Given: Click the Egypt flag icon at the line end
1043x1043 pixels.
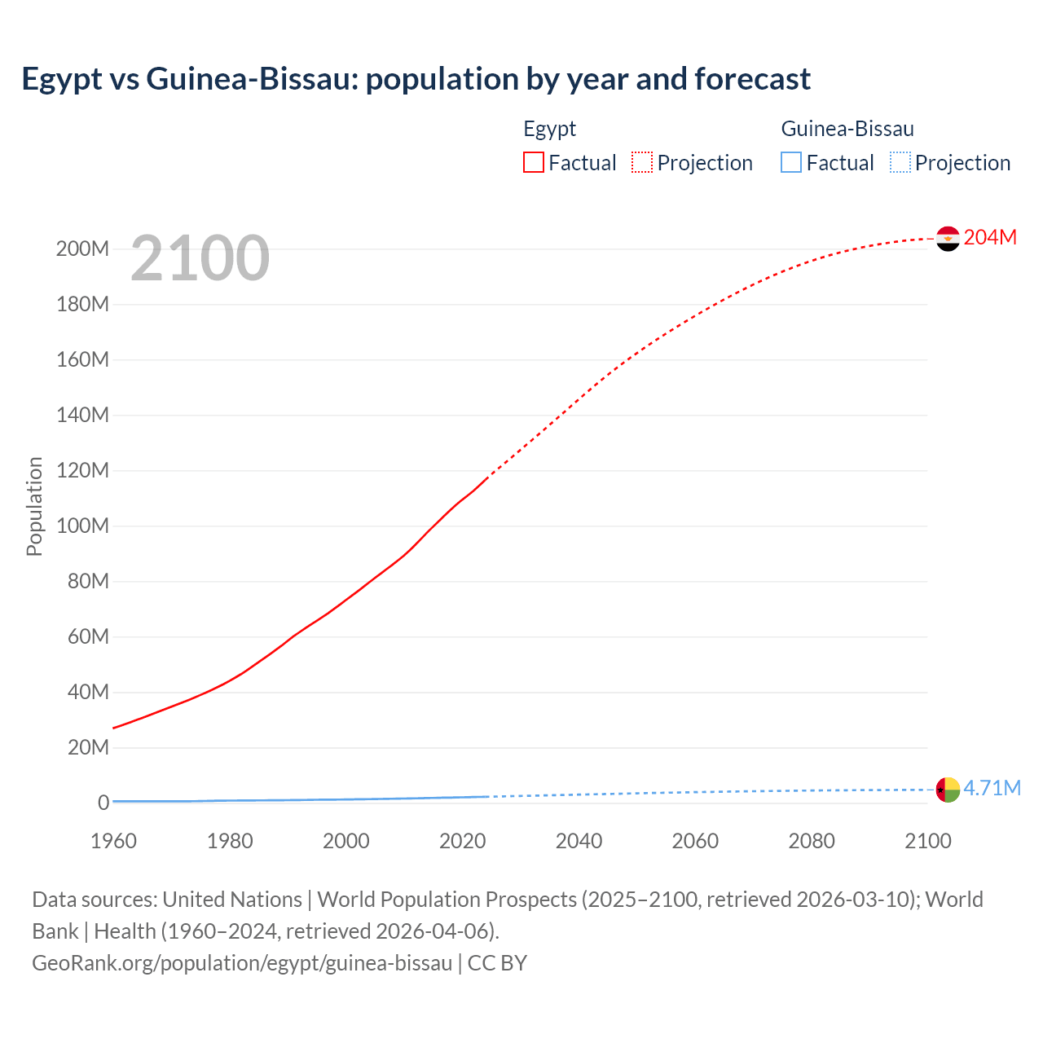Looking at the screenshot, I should coord(948,239).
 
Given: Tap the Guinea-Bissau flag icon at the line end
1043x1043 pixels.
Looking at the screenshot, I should coord(948,790).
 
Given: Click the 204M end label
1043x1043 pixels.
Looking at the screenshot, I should coord(990,237).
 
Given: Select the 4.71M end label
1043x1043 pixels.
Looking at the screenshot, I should coord(992,788).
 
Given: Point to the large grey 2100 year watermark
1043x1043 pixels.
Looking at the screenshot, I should coord(200,258).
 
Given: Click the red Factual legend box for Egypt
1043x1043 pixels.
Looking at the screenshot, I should coord(534,162).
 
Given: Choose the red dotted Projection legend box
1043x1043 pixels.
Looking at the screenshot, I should coord(642,162).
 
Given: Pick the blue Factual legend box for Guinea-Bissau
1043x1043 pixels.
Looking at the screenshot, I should coord(791,162).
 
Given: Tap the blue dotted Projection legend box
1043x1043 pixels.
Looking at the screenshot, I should coord(900,162).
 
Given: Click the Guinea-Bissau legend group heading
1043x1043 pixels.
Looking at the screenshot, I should coord(847,129).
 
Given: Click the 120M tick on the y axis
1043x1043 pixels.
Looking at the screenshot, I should coord(82,470).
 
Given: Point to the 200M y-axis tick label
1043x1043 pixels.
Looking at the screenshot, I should coord(82,249).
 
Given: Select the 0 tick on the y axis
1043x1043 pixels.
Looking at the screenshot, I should coord(103,803).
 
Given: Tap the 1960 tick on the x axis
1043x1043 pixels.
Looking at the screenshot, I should coord(113,841).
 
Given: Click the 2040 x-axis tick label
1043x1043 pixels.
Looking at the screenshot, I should coord(579,841).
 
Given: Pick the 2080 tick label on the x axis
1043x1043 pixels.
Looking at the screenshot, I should coord(812,841).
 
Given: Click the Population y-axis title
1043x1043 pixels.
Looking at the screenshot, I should coord(34,506).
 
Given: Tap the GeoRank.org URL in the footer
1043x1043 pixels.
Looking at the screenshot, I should coord(242,962).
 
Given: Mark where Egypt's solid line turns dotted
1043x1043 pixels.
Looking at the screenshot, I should coord(487,477).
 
